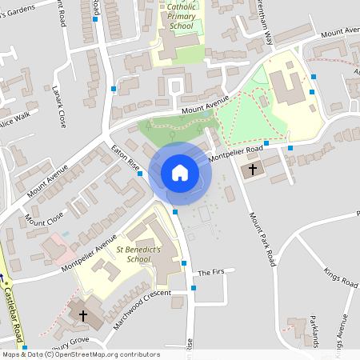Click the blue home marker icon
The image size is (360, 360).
tap(179, 173)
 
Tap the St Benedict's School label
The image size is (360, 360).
tap(133, 254)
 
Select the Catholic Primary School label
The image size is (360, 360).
tap(182, 16)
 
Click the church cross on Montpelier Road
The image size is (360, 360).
tap(253, 169)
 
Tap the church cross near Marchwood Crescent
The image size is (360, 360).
tap(83, 315)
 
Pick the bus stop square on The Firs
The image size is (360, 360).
tap(194, 288)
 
